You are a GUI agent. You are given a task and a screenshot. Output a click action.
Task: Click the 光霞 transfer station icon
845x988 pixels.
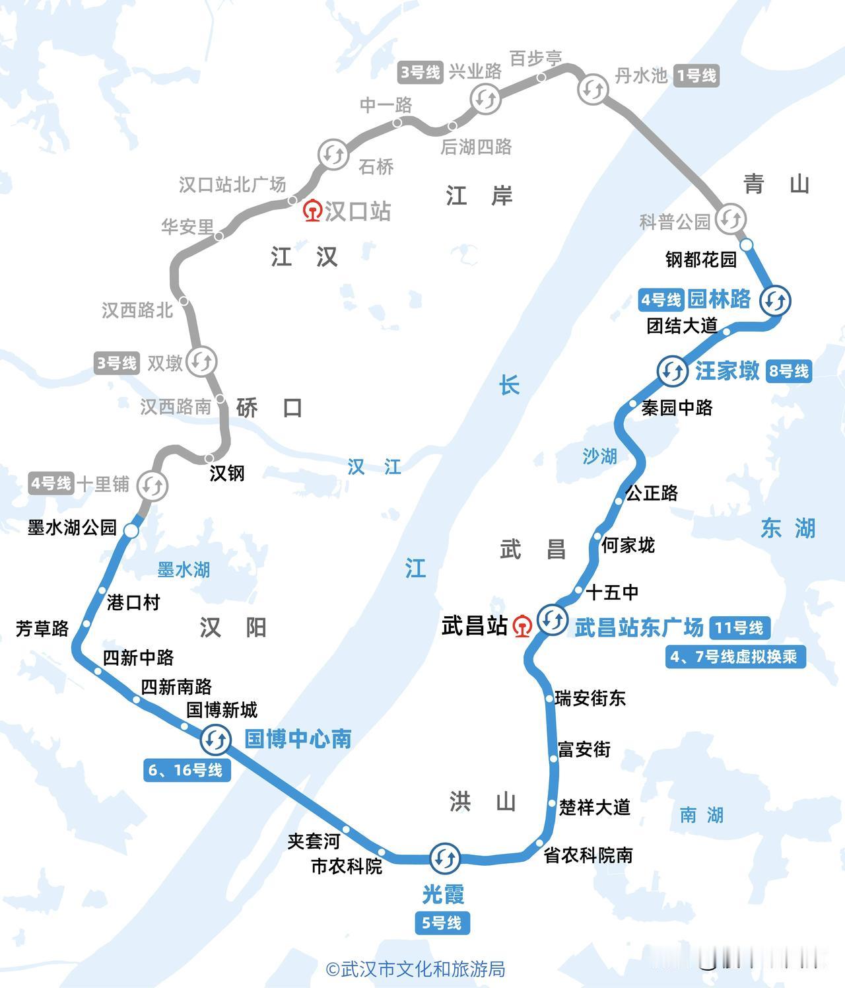tap(445, 858)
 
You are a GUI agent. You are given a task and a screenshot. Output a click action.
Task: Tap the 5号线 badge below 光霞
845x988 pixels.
tap(442, 923)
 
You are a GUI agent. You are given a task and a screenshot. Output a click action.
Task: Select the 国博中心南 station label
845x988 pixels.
tap(298, 738)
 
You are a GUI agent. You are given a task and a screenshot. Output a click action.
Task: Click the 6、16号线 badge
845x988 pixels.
tap(186, 769)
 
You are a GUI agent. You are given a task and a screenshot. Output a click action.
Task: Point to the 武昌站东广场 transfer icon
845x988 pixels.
tap(551, 619)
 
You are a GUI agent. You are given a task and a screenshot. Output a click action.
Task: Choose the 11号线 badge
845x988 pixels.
tap(739, 627)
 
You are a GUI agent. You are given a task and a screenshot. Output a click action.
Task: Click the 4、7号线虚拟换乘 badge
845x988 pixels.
tap(735, 657)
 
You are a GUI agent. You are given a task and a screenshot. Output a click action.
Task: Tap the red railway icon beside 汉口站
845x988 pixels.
tap(312, 211)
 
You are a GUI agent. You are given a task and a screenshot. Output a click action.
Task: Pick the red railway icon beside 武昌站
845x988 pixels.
tap(522, 625)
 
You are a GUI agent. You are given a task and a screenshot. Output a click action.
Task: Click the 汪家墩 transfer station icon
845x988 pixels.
tap(672, 370)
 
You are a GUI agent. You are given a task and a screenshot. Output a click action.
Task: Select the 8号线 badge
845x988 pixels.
tap(788, 371)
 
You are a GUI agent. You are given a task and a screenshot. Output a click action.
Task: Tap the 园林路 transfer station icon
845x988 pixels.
tap(775, 300)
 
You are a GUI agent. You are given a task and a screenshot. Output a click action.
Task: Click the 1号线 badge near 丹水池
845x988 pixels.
tap(696, 76)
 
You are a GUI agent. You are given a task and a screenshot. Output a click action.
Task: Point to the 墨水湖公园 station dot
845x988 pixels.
tap(131, 531)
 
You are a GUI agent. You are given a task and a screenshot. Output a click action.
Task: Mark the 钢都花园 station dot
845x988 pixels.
tap(746, 245)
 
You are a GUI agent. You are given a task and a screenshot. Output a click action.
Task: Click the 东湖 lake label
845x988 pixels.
tap(788, 528)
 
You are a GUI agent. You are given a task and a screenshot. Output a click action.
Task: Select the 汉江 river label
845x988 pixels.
tap(374, 467)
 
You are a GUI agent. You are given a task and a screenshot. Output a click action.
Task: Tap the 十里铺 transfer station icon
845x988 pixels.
tap(152, 486)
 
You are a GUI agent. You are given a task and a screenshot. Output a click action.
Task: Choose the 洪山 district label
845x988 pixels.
tap(483, 802)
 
